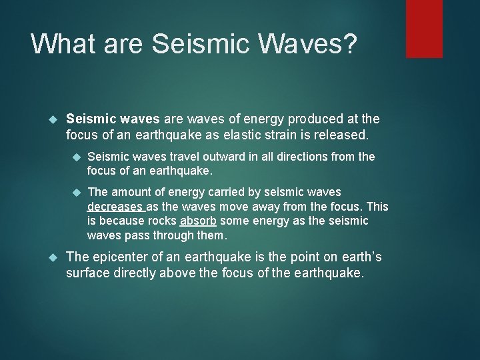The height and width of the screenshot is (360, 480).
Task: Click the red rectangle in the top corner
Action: pos(424,28)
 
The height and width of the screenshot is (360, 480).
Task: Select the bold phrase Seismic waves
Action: pos(113,119)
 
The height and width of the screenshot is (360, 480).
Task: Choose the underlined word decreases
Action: pos(115,207)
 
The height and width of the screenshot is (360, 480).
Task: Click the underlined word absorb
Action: pos(197,221)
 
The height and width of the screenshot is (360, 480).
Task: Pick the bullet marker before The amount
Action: pos(76,193)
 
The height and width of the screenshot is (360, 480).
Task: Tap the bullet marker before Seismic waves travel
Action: pos(76,157)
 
